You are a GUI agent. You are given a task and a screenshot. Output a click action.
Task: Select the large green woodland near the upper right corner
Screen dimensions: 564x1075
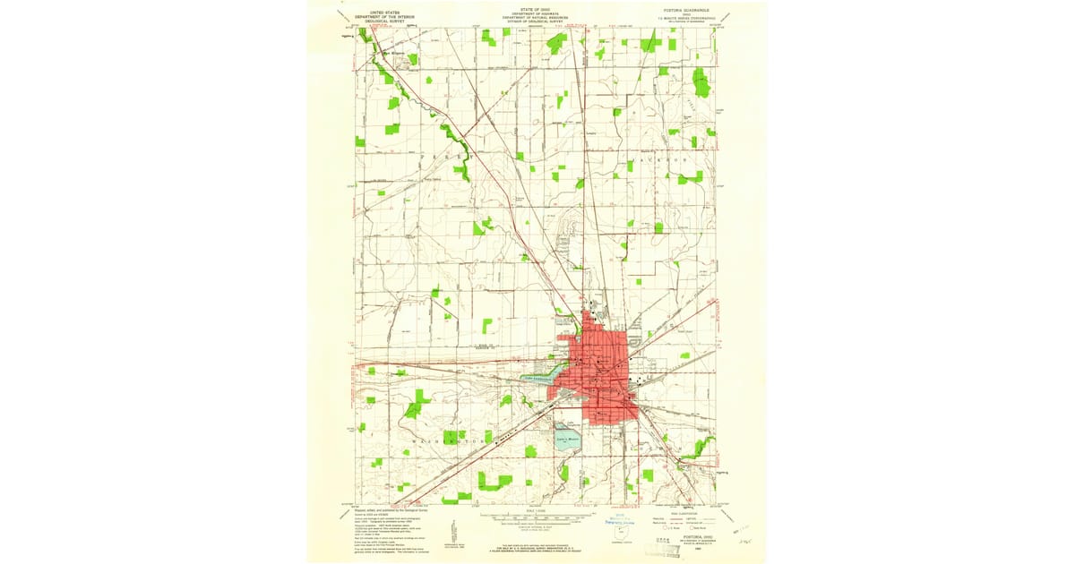pyautogui.click(x=701, y=83)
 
